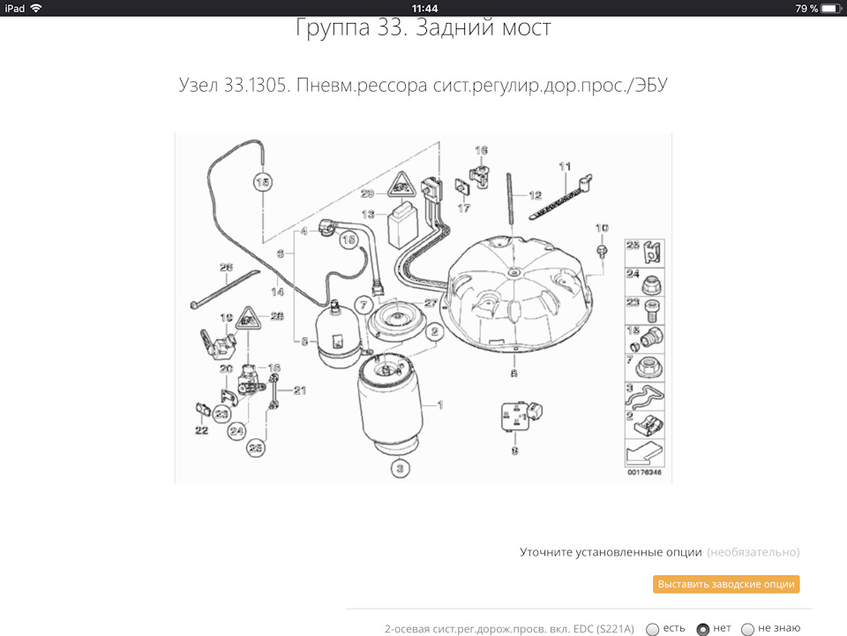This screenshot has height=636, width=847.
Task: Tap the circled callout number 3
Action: pos(399,467)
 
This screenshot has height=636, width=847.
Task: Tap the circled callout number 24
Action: pos(236,431)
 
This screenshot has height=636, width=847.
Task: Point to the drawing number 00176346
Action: pos(644,473)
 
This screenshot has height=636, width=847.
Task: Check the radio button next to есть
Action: pos(652,629)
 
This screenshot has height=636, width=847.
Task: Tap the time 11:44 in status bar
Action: pos(424,8)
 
